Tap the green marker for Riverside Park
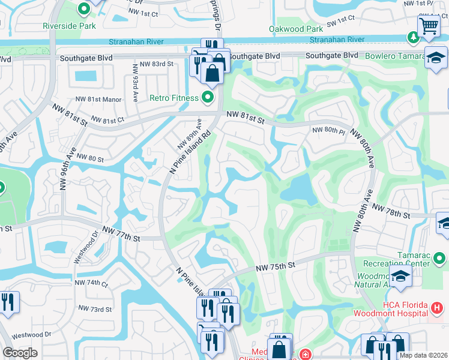83,10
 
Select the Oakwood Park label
296,29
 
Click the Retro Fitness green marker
208,97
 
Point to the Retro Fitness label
173,98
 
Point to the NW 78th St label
391,211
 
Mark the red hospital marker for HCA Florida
438,308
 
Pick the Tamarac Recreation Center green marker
439,259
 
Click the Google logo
20,353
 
